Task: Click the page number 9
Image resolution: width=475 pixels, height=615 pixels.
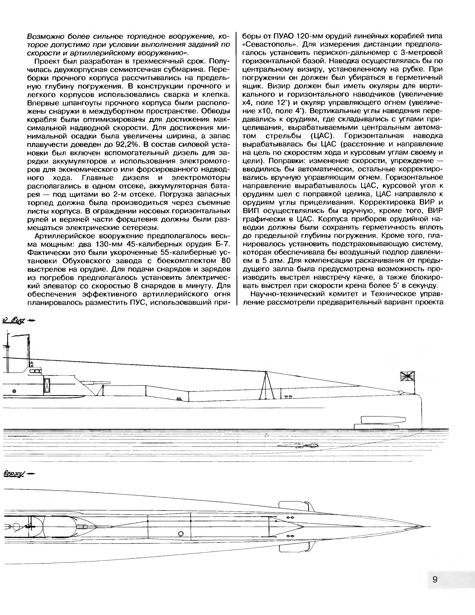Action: click(435, 579)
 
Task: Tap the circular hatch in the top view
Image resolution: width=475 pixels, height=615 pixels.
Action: click(181, 534)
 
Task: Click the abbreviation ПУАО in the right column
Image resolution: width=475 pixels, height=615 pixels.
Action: click(285, 36)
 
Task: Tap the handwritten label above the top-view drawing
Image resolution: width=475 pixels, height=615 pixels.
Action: click(14, 474)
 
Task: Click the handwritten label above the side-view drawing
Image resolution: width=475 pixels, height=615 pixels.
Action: click(14, 320)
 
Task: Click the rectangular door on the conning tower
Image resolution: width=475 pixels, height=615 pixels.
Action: click(47, 385)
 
